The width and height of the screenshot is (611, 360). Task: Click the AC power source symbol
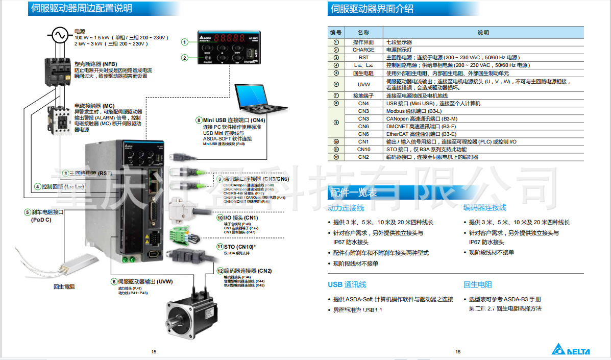(x=58, y=35)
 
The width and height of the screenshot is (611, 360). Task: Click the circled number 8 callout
(x=199, y=121)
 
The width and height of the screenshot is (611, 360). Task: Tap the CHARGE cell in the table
(x=363, y=50)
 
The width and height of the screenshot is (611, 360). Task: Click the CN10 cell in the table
(x=363, y=150)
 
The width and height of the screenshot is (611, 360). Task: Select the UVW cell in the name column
(x=363, y=84)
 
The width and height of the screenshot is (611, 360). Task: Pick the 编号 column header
(x=336, y=32)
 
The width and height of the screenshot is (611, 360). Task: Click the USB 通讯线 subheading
(x=347, y=284)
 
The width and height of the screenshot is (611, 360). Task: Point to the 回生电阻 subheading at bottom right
(x=477, y=284)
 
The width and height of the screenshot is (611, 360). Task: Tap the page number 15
(x=154, y=351)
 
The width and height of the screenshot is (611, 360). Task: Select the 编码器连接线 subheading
(x=484, y=207)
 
